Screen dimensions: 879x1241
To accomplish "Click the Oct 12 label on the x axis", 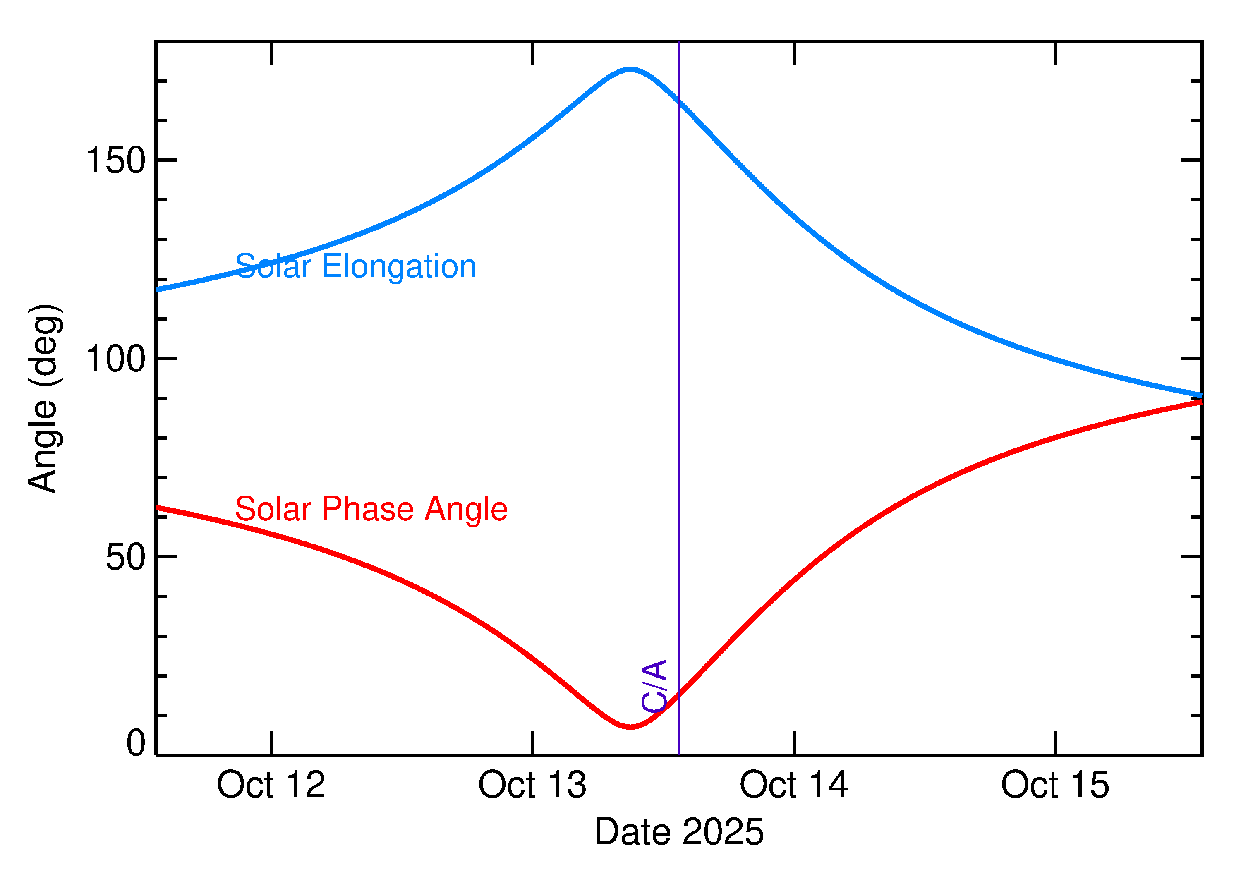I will coord(271,786).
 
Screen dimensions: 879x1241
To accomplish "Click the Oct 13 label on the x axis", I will coord(532,786).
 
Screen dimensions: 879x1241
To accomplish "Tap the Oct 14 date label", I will coord(793,786).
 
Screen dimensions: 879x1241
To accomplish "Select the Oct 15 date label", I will coord(1055,786).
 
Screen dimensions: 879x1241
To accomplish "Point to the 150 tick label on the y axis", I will coord(116,161).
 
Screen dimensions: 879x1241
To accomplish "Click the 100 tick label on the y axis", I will coord(116,359).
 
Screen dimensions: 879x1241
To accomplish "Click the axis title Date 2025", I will coord(679,832).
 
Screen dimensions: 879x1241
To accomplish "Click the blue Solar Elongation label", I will coord(356,266).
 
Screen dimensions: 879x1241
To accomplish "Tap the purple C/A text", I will coord(654,685).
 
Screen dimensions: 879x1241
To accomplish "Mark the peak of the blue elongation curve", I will coord(630,69).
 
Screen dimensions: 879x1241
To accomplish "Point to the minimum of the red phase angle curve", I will coord(630,727).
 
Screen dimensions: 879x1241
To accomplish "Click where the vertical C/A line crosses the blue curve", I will coord(679,101).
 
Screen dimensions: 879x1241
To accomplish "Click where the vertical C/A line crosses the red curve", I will coord(679,695).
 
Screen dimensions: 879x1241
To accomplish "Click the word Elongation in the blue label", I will coord(399,266).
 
